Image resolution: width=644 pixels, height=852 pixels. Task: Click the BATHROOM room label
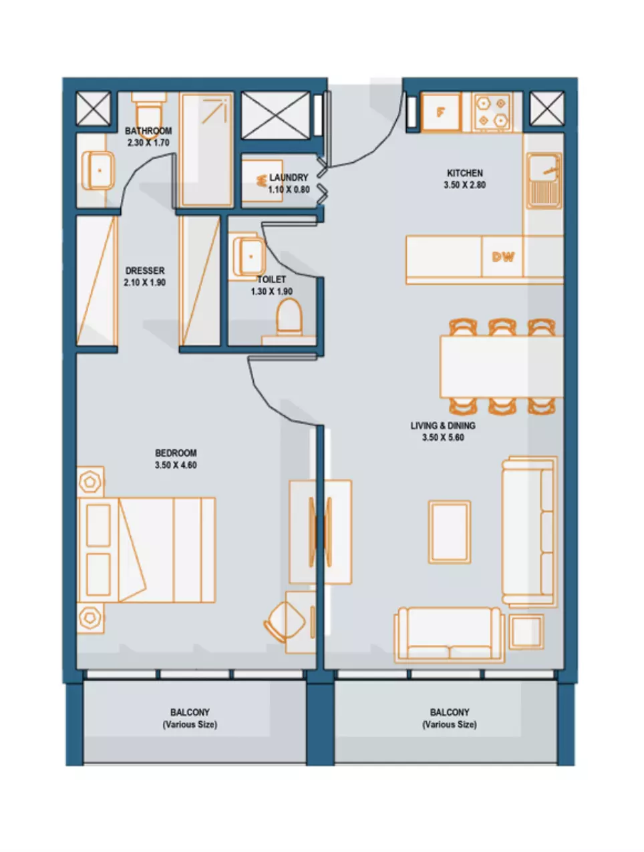coord(148,131)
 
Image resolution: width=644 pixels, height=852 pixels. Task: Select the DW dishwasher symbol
coord(502,256)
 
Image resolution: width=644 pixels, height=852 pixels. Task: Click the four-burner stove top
coord(492,112)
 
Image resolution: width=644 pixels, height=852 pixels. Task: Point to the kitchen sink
coord(544,180)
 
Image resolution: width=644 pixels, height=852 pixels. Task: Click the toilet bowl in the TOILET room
coord(289,316)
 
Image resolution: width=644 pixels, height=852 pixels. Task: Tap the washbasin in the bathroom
coord(98,170)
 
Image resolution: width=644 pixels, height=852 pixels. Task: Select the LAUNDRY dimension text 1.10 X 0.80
coord(289,190)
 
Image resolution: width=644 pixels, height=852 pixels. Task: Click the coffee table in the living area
coord(450,531)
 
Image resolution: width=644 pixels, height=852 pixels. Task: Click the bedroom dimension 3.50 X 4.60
coord(176,465)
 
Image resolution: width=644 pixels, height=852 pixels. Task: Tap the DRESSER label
coord(145,270)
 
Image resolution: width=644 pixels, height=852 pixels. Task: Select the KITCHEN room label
coord(465,173)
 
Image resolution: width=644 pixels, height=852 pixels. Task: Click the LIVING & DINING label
coord(443,425)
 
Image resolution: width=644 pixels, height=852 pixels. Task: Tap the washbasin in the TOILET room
coord(249,256)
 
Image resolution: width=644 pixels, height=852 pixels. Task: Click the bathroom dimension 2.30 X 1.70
coord(148,142)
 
